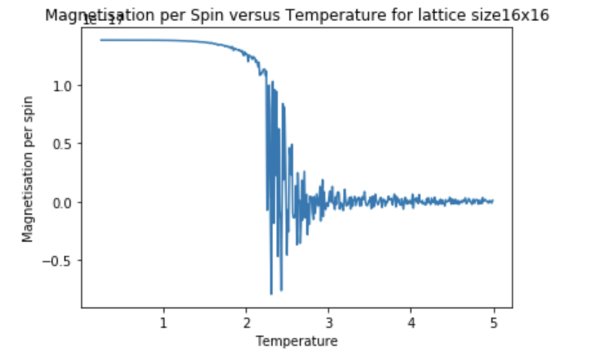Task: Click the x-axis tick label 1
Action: click(x=163, y=322)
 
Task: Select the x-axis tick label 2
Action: click(x=246, y=322)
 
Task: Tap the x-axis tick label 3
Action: click(x=329, y=322)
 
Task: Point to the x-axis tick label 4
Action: click(x=411, y=322)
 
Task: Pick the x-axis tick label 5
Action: click(x=493, y=322)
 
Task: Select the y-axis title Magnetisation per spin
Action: click(x=28, y=170)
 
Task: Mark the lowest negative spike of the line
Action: click(x=271, y=294)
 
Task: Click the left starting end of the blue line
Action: click(x=100, y=40)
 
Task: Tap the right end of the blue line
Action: click(x=493, y=201)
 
